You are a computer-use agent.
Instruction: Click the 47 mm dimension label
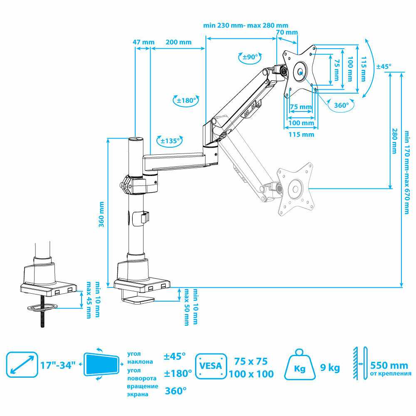[x=143, y=42]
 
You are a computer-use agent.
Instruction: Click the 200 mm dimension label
[x=178, y=42]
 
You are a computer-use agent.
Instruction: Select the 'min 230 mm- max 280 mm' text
[x=245, y=25]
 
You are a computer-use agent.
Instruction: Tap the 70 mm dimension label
[x=287, y=32]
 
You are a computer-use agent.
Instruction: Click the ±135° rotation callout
[x=169, y=141]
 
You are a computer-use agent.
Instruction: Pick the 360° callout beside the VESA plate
[x=341, y=105]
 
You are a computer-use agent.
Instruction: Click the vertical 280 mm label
[x=394, y=141]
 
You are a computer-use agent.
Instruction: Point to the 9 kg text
[x=330, y=368]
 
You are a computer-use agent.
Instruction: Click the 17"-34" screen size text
[x=58, y=366]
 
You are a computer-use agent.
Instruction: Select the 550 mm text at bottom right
[x=389, y=366]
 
